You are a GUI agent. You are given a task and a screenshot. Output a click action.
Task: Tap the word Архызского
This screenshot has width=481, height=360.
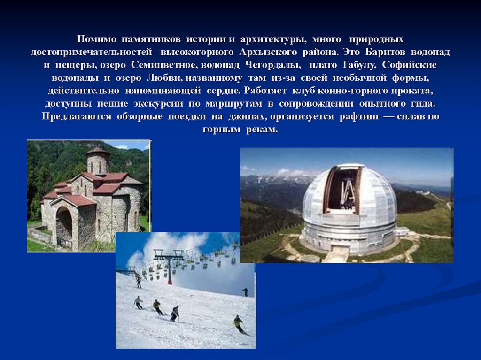pyautogui.click(x=268, y=51)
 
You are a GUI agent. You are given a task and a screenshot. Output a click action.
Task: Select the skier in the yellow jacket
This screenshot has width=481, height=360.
pyautogui.click(x=239, y=323)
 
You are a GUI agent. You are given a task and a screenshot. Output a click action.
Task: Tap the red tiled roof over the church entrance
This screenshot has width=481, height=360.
pyautogui.click(x=74, y=200)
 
